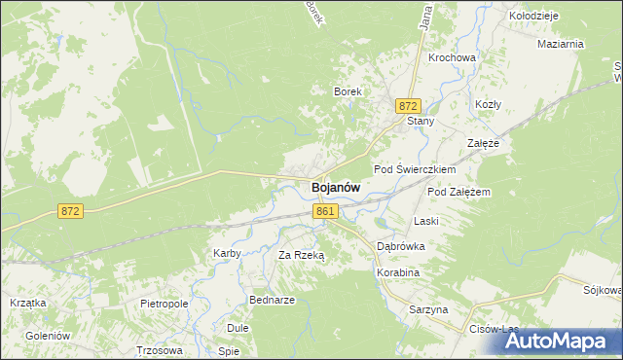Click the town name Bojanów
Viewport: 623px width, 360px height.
[336, 188]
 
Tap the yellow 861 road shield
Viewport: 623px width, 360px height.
[326, 211]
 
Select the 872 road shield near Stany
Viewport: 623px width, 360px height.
[408, 105]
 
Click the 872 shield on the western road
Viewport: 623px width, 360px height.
[69, 211]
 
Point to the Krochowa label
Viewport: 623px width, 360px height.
[452, 57]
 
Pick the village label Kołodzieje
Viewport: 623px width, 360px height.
[532, 17]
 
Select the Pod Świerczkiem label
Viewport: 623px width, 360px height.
[415, 169]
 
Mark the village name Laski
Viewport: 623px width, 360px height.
[426, 221]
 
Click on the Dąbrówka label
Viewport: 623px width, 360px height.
[401, 247]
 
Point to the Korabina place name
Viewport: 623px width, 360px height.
[397, 273]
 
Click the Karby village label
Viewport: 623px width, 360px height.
[227, 254]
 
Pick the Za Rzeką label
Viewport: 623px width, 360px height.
[301, 255]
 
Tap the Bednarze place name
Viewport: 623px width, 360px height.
[272, 300]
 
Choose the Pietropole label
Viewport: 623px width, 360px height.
[164, 305]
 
